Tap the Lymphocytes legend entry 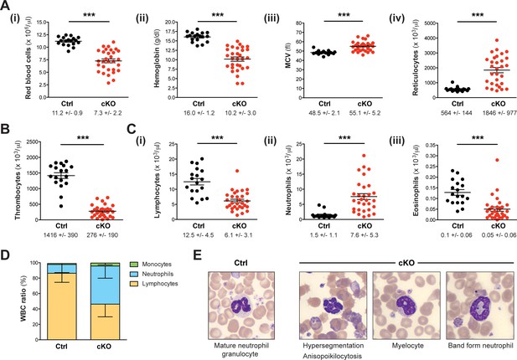pyautogui.click(x=153, y=284)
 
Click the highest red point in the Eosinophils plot pyautogui.click(x=497, y=160)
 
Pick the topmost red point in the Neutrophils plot pyautogui.click(x=364, y=156)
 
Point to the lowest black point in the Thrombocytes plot pyautogui.click(x=61, y=206)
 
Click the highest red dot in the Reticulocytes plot pyautogui.click(x=497, y=40)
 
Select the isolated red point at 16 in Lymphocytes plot pyautogui.click(x=237, y=171)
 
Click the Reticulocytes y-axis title pyautogui.click(x=415, y=58)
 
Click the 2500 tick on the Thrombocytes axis pyautogui.click(x=31, y=142)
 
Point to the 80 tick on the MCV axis pyautogui.click(x=299, y=23)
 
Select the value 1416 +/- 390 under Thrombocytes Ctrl pyautogui.click(x=61, y=235)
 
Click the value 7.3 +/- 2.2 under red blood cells pyautogui.click(x=107, y=113)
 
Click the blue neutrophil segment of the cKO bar pyautogui.click(x=106, y=285)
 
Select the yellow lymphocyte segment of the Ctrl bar pyautogui.click(x=62, y=306)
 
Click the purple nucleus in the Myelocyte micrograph pyautogui.click(x=406, y=305)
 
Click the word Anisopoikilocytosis pyautogui.click(x=332, y=356)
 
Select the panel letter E pyautogui.click(x=197, y=255)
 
